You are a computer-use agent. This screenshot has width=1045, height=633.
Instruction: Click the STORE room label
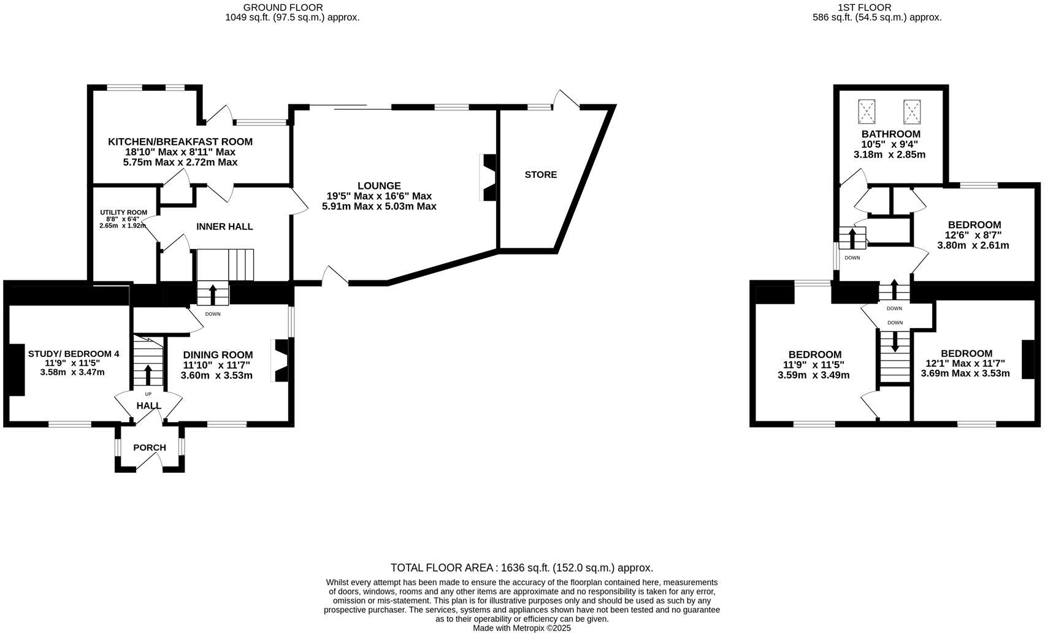[x=540, y=175]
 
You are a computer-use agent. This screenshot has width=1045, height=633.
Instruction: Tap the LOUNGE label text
[x=379, y=186]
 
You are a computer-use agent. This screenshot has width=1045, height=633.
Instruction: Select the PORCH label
[x=150, y=448]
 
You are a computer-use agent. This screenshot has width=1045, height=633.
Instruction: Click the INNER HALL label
[x=224, y=227]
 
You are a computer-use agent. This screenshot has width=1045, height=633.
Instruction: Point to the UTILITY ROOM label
[x=124, y=213]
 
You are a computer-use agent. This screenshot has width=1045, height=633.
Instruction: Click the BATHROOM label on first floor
[x=890, y=134]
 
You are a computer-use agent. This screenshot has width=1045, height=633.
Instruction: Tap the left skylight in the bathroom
[x=867, y=112]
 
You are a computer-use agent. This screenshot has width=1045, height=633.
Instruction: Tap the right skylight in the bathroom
[x=912, y=112]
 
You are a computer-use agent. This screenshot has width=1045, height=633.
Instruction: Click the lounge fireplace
[x=488, y=177]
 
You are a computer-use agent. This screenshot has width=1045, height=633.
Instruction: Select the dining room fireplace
[x=280, y=361]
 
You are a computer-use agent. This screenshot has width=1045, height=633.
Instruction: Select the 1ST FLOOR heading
[x=877, y=7]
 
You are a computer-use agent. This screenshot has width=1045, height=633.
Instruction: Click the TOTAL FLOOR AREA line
[x=522, y=568]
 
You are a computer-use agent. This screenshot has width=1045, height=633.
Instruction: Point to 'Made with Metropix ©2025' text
[x=522, y=628]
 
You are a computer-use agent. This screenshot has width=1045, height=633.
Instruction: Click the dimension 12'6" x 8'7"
[x=973, y=236]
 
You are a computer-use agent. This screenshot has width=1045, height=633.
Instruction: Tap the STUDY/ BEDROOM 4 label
[x=74, y=354]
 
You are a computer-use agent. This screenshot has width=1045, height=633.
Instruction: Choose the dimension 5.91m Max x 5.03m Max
[x=379, y=207]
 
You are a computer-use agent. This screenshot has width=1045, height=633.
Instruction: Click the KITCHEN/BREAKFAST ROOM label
[x=180, y=142]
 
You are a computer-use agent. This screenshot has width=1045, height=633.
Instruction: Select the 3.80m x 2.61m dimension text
[x=973, y=245]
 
